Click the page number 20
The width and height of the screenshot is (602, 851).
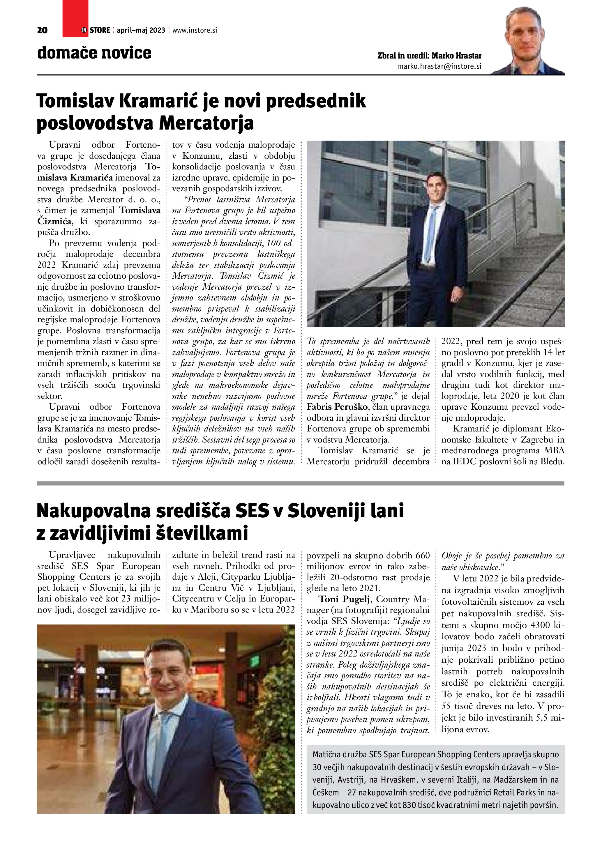(42, 30)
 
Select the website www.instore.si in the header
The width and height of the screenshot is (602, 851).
(194, 30)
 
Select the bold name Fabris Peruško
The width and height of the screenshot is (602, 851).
(337, 407)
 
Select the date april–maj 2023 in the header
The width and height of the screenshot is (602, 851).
(141, 30)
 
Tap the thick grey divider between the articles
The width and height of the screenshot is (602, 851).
(300, 483)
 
